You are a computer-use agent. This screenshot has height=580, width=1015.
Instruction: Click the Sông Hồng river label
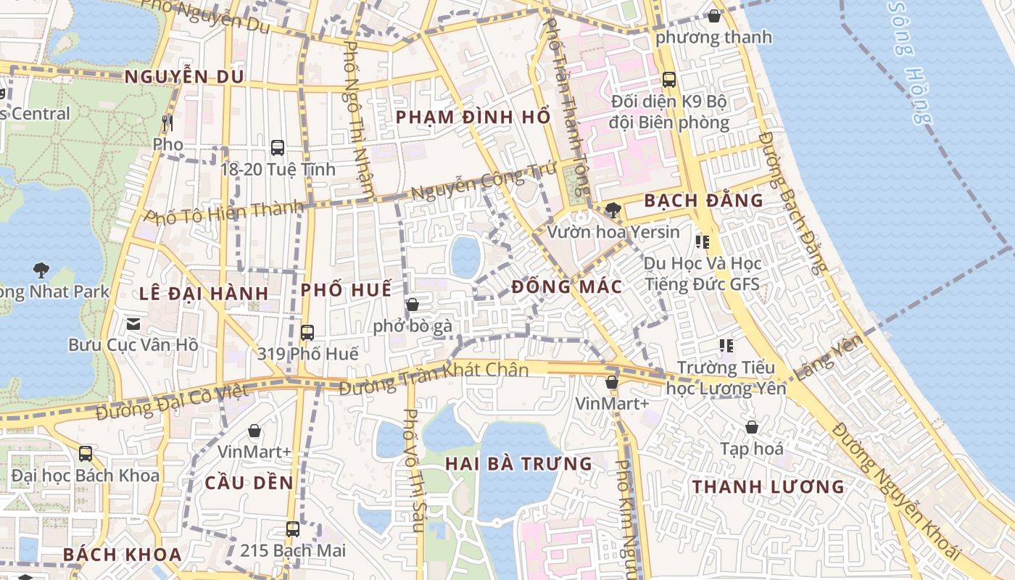[x=909, y=62]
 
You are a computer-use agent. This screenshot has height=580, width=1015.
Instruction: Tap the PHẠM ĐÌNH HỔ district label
[x=473, y=117]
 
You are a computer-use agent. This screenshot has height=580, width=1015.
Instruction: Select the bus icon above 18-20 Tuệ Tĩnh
[x=278, y=148]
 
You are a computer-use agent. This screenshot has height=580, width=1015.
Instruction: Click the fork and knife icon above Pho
[x=167, y=123]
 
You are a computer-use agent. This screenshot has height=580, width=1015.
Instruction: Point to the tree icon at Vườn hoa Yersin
[x=613, y=210]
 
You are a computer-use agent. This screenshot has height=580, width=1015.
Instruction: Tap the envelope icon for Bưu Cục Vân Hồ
[x=133, y=323]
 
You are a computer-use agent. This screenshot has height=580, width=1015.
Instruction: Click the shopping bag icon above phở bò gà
[x=413, y=304]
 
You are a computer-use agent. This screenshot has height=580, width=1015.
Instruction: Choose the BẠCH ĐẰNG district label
[x=703, y=200]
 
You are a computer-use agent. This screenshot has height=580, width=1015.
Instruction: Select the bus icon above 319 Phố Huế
[x=307, y=333]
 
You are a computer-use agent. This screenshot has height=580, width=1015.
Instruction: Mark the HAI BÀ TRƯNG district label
[x=518, y=463]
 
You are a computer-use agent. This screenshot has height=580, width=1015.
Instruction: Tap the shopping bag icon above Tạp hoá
[x=752, y=427]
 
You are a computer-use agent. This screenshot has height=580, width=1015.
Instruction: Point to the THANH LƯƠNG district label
[x=768, y=486]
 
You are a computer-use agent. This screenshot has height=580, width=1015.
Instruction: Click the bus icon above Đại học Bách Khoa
[x=86, y=454]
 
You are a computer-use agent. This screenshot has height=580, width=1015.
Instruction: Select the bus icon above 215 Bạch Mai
[x=293, y=529]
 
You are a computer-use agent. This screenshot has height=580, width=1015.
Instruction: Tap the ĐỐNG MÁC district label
[x=566, y=286]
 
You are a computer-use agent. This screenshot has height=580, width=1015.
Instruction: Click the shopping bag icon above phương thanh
[x=714, y=16]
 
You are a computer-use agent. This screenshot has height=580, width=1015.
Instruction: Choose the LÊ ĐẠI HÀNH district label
[x=204, y=294]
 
